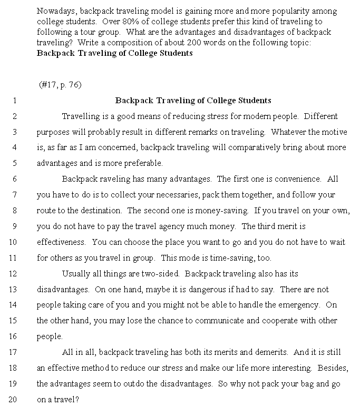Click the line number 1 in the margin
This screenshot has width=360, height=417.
15,100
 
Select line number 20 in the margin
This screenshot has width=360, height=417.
13,399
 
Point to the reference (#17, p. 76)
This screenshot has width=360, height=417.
60,84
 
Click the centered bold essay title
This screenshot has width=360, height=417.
193,100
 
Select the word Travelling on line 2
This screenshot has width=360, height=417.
81,116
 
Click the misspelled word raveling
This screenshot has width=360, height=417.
112,179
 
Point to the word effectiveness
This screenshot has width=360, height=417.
61,242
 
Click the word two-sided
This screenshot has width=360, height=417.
161,273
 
